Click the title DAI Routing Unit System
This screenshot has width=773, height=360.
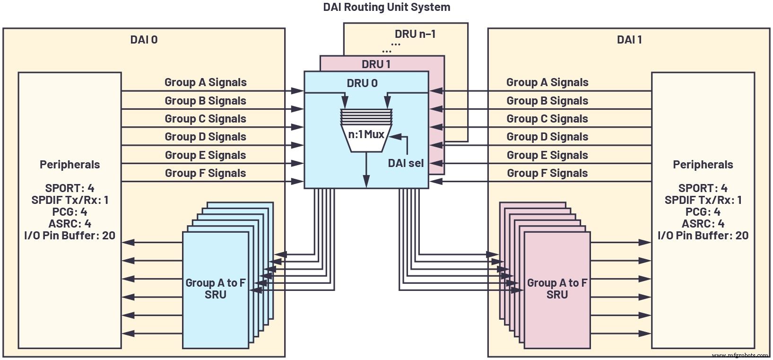(x=386, y=7)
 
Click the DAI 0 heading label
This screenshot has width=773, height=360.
(x=144, y=40)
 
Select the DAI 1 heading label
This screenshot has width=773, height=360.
(x=629, y=40)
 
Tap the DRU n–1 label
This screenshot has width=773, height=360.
(x=415, y=34)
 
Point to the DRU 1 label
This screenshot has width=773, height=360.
(x=376, y=64)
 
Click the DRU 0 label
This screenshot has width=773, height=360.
(x=362, y=83)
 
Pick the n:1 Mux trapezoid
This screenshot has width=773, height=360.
(x=366, y=134)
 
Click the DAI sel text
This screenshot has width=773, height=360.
(x=406, y=163)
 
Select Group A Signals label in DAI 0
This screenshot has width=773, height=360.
(x=205, y=82)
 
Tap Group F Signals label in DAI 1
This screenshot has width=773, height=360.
(x=547, y=173)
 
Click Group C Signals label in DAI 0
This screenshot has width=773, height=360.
(x=205, y=119)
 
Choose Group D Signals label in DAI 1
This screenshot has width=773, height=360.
(x=547, y=137)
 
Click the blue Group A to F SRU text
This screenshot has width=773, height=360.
(x=216, y=289)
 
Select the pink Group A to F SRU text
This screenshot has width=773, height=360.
(x=557, y=289)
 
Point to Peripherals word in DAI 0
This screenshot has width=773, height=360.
(x=69, y=165)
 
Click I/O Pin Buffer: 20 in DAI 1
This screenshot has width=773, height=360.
(x=703, y=236)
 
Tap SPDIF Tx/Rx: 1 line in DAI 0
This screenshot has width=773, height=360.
(x=69, y=200)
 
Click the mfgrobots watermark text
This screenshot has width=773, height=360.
(x=739, y=355)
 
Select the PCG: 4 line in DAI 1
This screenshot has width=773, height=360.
(x=703, y=212)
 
